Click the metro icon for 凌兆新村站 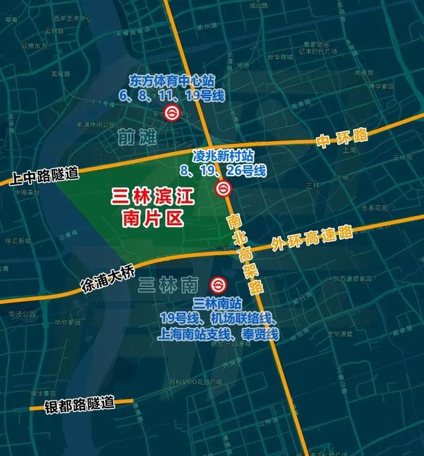click(223, 190)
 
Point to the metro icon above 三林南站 click(217, 285)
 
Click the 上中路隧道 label click(40, 176)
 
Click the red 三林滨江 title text click(150, 196)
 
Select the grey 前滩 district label click(135, 137)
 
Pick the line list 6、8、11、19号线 click(172, 95)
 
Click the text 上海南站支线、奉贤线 click(219, 335)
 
